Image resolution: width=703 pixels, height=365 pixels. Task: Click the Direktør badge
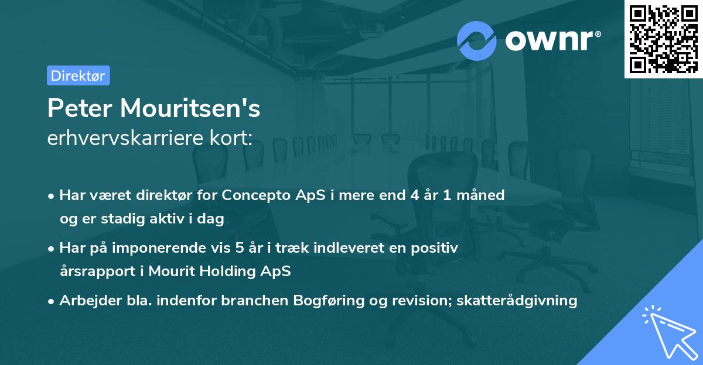pyautogui.click(x=78, y=75)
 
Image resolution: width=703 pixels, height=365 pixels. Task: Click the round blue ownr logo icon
pyautogui.click(x=476, y=41)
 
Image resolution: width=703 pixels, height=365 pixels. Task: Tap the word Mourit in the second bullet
pyautogui.click(x=170, y=271)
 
